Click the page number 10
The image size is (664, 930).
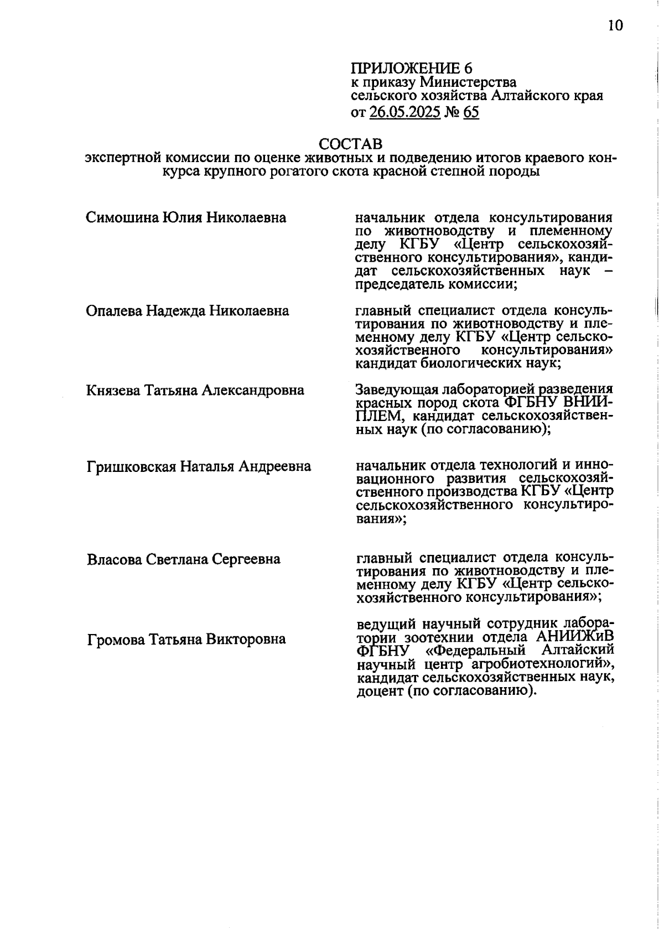(x=615, y=25)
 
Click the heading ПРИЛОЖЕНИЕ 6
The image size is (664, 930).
(x=412, y=69)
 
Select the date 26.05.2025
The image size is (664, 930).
(x=404, y=113)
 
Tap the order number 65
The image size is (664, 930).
(x=471, y=113)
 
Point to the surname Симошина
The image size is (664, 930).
(x=122, y=217)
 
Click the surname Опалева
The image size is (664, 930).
(x=114, y=311)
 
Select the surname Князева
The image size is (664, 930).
(x=113, y=391)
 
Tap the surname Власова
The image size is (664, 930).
(x=115, y=559)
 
